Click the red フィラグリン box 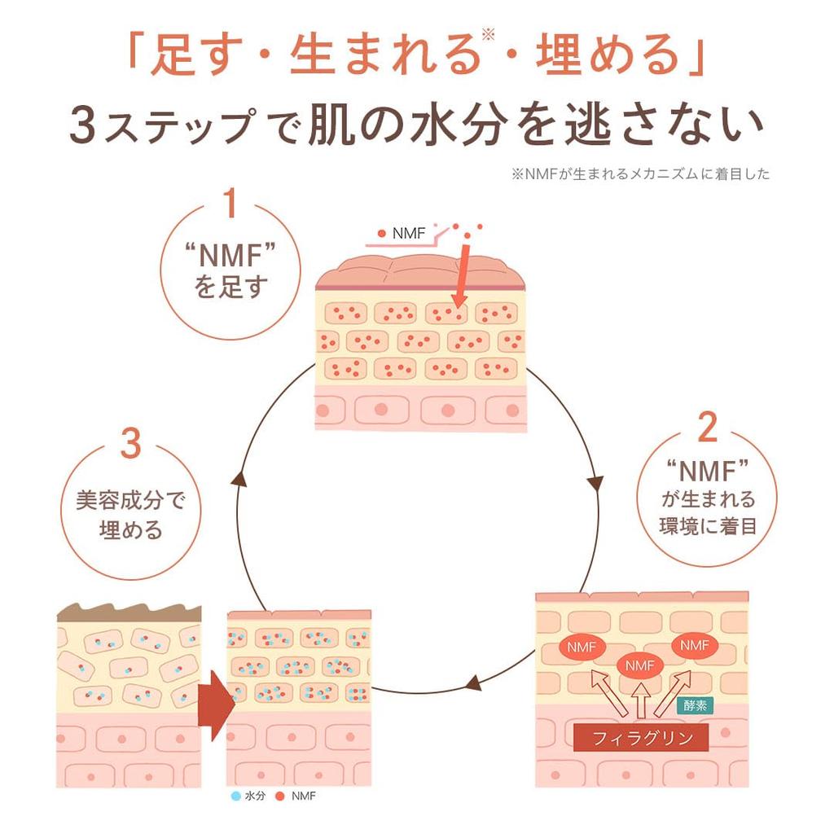641,739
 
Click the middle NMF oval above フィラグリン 641,665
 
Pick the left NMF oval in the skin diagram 580,648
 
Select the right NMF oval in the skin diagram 694,645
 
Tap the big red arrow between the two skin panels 213,705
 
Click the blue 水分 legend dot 235,796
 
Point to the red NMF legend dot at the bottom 279,796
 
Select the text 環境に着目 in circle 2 708,525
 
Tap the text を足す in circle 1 231,287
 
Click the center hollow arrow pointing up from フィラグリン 641,700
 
